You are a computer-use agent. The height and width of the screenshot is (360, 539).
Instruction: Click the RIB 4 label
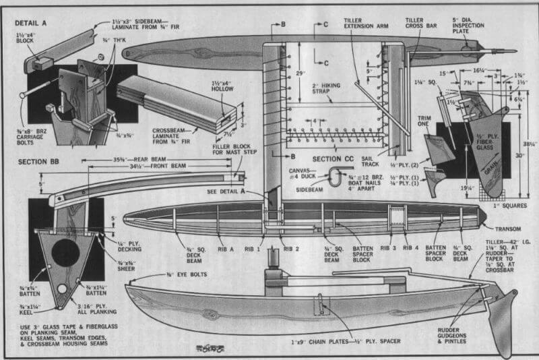coord(410,246)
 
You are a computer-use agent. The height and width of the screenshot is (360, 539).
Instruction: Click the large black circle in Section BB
coord(65,252)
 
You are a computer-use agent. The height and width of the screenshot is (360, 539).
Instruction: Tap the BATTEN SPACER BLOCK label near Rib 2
coord(367,252)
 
